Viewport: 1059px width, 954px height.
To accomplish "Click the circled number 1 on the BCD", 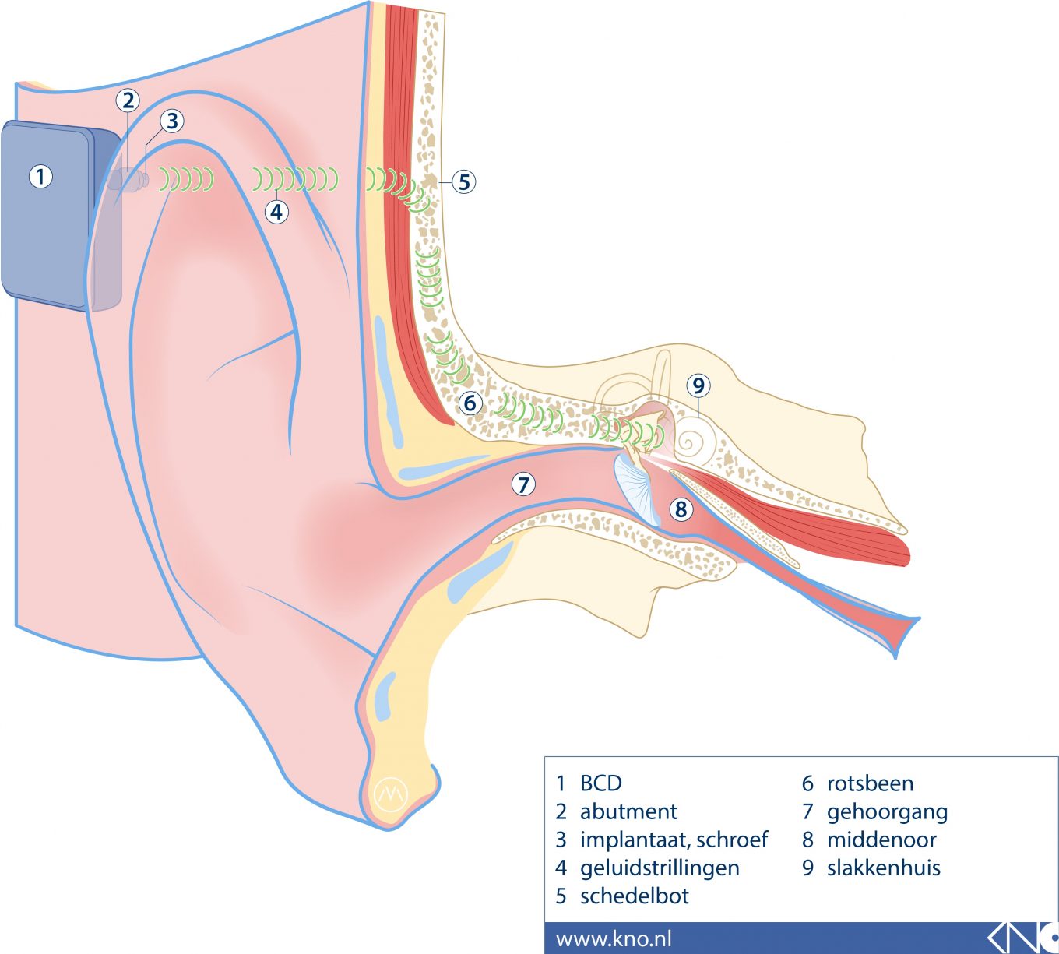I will coord(40,177).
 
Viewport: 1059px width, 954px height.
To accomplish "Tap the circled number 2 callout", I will coord(128,100).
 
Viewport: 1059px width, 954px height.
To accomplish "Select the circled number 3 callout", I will coord(172,121).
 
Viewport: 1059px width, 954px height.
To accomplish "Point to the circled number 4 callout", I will coord(276,211).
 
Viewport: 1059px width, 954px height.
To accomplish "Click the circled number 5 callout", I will coord(464,182).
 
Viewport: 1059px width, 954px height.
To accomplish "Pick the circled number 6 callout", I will coord(470,403).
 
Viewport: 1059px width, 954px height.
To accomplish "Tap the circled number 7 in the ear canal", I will coord(523,484).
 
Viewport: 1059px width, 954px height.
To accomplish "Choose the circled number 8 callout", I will coord(681,509).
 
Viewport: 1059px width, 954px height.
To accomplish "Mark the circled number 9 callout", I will coord(698,385).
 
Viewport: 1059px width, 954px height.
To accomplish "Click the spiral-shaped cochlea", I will coord(691,442).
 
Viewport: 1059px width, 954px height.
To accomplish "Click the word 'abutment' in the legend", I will coord(628,811).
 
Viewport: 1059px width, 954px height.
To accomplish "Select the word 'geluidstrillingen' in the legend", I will coord(660,868).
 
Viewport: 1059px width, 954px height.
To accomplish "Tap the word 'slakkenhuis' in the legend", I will coord(883,868).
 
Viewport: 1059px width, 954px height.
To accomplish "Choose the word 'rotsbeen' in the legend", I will coord(870,783).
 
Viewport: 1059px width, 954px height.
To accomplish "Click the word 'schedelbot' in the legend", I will coord(634,896).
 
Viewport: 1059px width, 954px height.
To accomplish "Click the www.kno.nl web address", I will coord(614,938).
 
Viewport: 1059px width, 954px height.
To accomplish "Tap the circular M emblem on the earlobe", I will coord(391,793).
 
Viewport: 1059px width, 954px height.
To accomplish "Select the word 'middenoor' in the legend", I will coord(881,840).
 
